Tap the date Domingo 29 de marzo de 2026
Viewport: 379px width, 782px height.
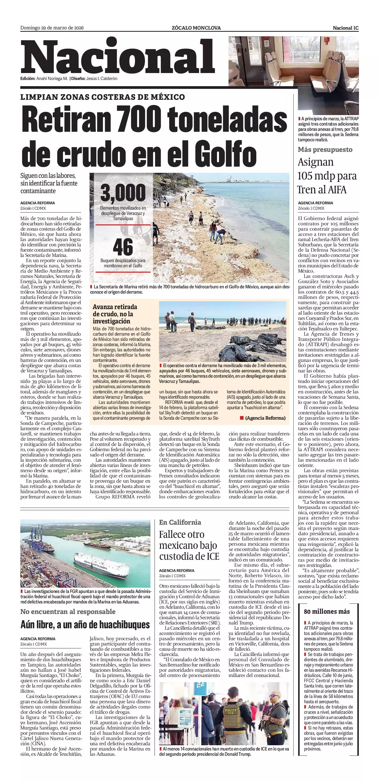[x=52, y=28]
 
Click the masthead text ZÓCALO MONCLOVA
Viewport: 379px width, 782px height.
[x=196, y=28]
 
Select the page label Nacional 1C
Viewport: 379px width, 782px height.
[x=346, y=28]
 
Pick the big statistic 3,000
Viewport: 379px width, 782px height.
[x=123, y=193]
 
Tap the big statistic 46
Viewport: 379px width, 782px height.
[x=123, y=247]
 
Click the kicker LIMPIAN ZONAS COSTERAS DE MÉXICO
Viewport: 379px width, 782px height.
[x=103, y=97]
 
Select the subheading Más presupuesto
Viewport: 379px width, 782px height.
[x=325, y=149]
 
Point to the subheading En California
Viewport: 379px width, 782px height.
[x=180, y=522]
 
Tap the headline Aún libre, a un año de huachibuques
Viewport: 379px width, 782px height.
[x=85, y=624]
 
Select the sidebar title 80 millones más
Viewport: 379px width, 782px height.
[x=327, y=611]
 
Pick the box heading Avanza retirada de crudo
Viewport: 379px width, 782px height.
[x=115, y=314]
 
